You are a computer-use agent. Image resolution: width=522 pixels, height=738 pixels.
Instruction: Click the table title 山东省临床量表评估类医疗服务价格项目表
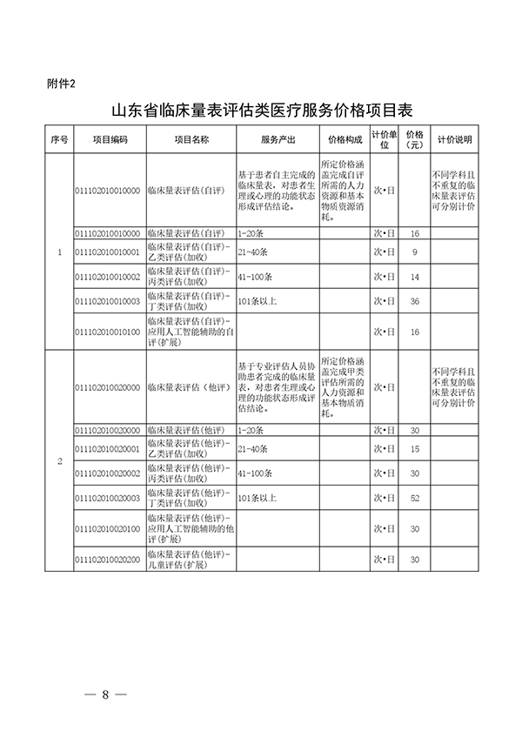261,111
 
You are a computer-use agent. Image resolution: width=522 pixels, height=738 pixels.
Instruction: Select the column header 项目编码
110,139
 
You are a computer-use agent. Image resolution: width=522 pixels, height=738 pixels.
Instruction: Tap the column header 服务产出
277,139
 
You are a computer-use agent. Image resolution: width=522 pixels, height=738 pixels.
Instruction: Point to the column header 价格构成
345,139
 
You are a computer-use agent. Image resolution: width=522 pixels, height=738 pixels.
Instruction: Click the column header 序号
59,139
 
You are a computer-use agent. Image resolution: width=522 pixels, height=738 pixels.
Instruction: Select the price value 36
415,301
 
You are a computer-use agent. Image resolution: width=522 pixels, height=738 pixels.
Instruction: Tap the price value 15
415,448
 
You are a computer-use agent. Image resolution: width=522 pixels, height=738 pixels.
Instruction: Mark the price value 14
415,277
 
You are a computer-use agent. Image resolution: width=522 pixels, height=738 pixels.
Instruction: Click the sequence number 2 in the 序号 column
59,461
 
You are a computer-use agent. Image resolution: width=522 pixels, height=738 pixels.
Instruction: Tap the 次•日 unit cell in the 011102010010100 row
385,332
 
